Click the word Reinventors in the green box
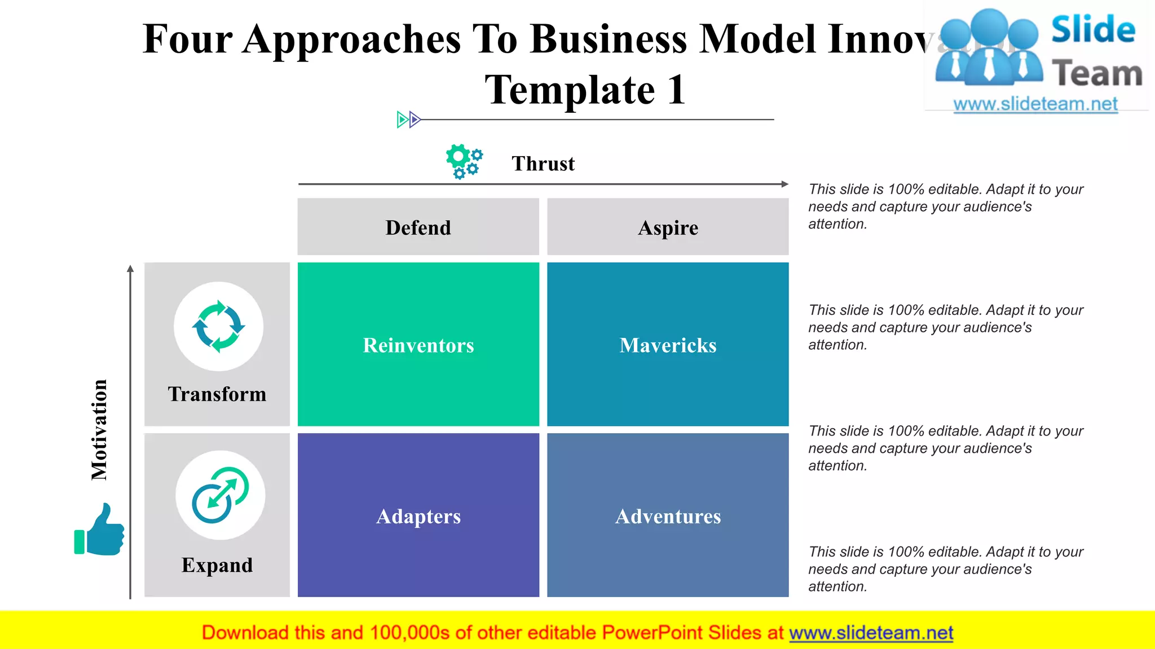[418, 345]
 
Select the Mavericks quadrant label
[668, 345]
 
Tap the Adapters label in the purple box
[418, 517]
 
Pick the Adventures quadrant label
[668, 517]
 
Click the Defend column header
[418, 228]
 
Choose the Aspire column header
[668, 228]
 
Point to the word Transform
[217, 394]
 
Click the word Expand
[217, 565]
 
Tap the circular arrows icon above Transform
[219, 327]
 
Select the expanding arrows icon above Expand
[220, 495]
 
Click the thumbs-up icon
[100, 530]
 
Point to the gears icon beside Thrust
[464, 161]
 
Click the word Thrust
[543, 163]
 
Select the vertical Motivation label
[99, 429]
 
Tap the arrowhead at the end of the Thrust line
[784, 184]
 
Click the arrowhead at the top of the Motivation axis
[130, 269]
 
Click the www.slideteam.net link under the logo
[1035, 104]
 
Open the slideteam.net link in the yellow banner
[871, 633]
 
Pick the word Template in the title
[570, 90]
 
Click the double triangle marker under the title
[408, 119]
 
